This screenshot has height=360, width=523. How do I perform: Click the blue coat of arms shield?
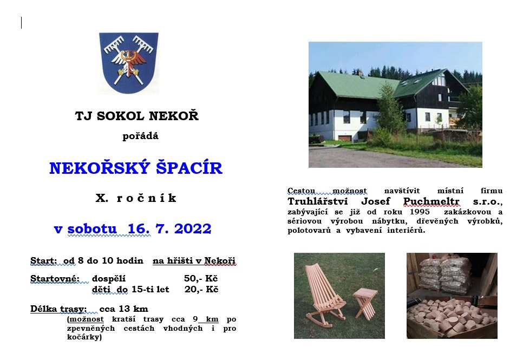[x=129, y=62]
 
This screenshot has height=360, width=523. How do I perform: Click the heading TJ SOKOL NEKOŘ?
[x=137, y=116]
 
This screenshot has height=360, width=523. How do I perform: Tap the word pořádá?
[x=140, y=136]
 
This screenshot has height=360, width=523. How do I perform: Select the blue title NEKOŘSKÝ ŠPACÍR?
[x=136, y=168]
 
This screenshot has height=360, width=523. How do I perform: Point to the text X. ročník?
[x=136, y=198]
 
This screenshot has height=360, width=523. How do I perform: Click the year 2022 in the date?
[x=193, y=229]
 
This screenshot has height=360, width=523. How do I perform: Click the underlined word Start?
[x=44, y=260]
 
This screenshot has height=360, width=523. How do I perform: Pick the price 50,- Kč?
[x=201, y=279]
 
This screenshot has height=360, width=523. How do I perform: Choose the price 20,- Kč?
[x=201, y=289]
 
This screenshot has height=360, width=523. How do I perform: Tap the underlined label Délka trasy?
[x=58, y=309]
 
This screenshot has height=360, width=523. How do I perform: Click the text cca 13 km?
[x=124, y=309]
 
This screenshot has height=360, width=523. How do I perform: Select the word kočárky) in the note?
[x=84, y=337]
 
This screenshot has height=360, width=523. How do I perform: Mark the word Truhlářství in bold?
[x=317, y=201]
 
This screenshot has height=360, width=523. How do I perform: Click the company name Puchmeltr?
[x=432, y=201]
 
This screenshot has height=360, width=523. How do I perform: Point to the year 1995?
[x=420, y=212]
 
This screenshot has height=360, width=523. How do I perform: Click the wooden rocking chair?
[x=324, y=293]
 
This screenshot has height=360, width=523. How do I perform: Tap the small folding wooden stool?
[x=365, y=303]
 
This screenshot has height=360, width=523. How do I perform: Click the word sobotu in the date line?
[x=92, y=229]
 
